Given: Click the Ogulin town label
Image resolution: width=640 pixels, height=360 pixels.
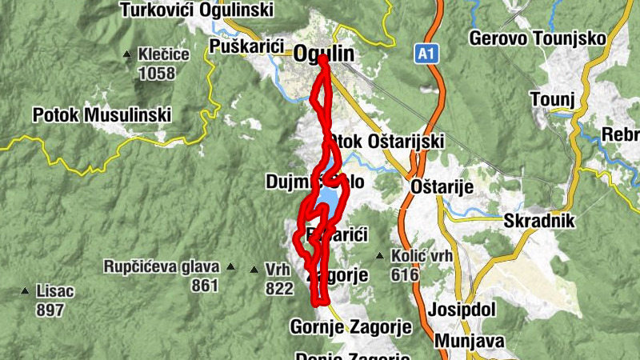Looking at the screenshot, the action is [x=324, y=53].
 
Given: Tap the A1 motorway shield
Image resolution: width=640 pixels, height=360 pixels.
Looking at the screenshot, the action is [x=426, y=53].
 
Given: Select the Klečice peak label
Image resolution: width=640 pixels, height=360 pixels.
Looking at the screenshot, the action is [x=163, y=55].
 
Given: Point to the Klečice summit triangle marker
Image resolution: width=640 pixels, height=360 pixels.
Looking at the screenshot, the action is [x=127, y=55].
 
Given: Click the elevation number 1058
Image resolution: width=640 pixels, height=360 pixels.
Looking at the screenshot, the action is [x=157, y=74].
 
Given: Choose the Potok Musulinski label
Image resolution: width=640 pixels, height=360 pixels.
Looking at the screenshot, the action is [x=102, y=115].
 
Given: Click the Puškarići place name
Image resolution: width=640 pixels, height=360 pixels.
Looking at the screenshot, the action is [x=246, y=46].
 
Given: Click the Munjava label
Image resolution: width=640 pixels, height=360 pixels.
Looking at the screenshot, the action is [x=470, y=342].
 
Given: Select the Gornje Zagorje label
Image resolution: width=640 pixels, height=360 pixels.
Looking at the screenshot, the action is [x=350, y=327].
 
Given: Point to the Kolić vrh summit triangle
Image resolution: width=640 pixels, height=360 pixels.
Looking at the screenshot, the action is [x=379, y=256].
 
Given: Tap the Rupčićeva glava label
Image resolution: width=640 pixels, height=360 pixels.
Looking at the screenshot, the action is [x=161, y=266].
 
